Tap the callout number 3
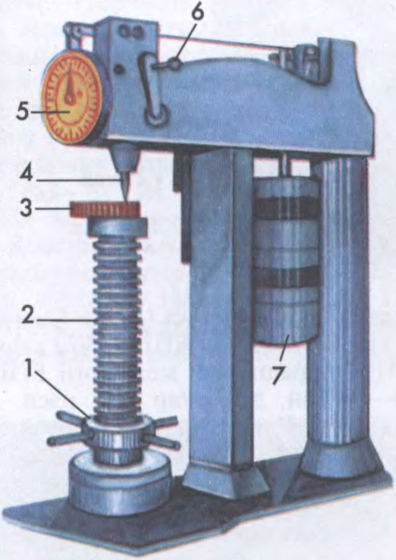pos(25,208)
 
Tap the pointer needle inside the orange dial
pos(72,87)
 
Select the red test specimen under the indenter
pos(105,210)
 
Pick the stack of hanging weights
pos(285,261)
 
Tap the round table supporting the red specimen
pos(118,227)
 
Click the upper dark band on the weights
pos(285,208)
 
